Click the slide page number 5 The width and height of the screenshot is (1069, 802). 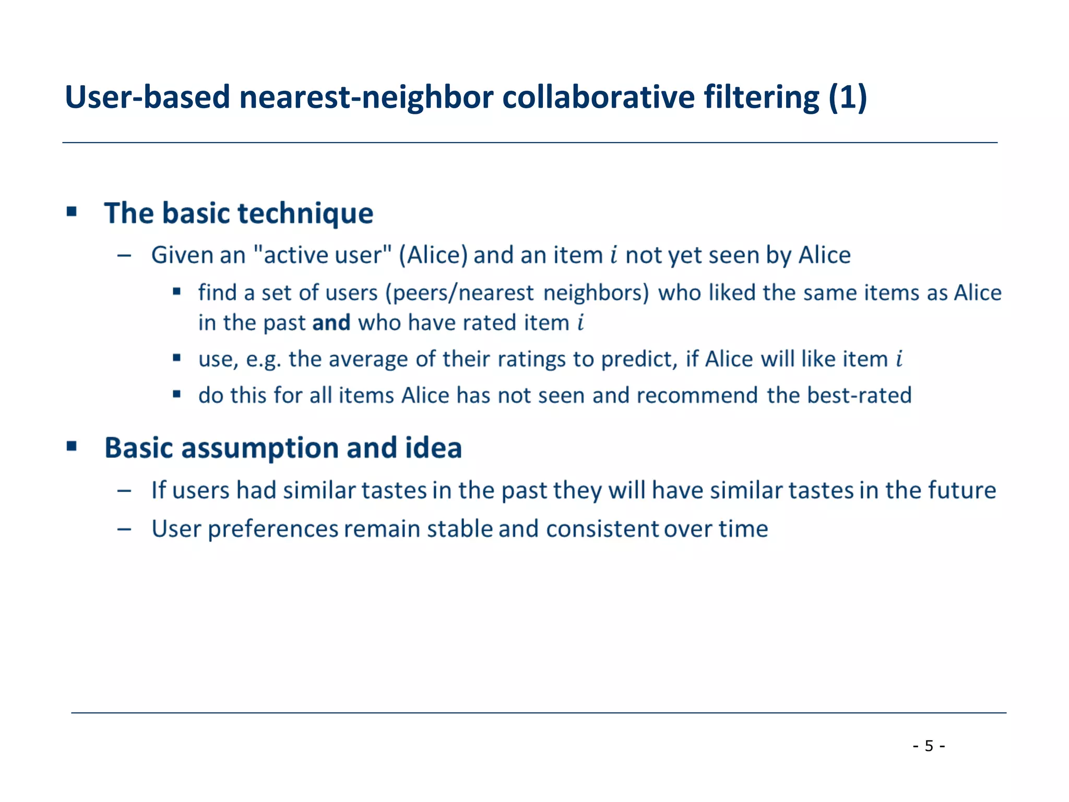[x=929, y=746]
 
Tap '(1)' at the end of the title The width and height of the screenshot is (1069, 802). [x=848, y=97]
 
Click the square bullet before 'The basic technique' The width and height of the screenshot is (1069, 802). [x=72, y=211]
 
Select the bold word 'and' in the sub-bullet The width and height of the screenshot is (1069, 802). [x=331, y=323]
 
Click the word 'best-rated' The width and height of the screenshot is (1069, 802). [x=859, y=395]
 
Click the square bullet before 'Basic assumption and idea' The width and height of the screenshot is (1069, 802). [x=72, y=446]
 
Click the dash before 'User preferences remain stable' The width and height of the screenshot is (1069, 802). [x=124, y=529]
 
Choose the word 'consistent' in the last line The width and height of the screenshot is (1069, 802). [x=602, y=529]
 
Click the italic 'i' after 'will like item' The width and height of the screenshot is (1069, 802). [x=899, y=359]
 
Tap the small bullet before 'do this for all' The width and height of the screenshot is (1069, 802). [x=177, y=394]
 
